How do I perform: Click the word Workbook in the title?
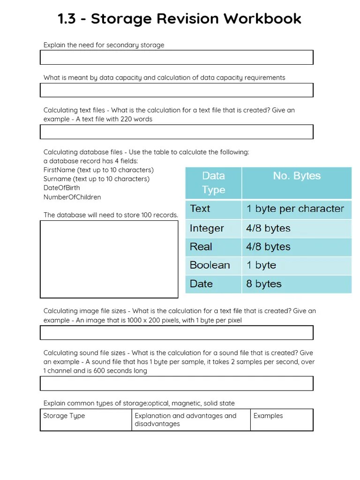tap(262, 19)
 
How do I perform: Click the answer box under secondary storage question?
tap(176, 57)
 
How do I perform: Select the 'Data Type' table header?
tap(213, 182)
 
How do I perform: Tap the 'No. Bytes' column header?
tap(296, 176)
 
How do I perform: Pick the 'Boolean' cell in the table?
tap(210, 265)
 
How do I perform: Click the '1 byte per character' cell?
tap(295, 209)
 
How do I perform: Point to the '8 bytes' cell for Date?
tap(264, 284)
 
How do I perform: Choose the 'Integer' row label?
tap(207, 228)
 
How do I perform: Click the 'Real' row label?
tap(201, 247)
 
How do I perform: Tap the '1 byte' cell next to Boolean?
tap(261, 265)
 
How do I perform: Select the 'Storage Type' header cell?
tap(64, 416)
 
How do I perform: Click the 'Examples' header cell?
tap(268, 416)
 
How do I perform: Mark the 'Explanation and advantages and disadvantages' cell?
tap(186, 420)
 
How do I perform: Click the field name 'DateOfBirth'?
tap(61, 188)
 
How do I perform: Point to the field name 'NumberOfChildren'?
tap(72, 197)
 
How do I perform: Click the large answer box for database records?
tap(109, 259)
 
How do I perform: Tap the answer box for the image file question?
tap(176, 333)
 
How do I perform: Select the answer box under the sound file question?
tap(176, 383)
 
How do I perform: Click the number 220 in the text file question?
tap(126, 119)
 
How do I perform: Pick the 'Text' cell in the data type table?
tap(200, 209)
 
